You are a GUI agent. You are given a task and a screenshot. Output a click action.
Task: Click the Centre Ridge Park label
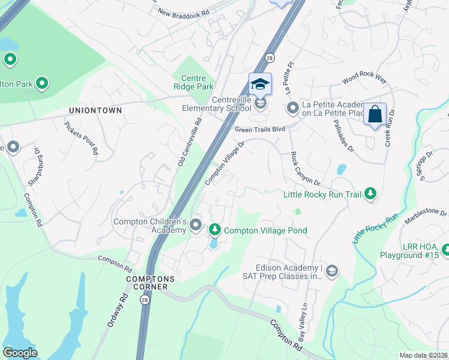(x=193, y=83)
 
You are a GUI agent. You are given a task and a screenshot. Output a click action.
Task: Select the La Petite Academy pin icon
(x=293, y=108)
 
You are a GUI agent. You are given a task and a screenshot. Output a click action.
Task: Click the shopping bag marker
(x=375, y=114)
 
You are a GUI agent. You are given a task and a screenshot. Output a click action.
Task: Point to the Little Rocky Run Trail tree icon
(x=371, y=193)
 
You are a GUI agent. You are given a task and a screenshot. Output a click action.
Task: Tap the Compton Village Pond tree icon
(x=214, y=230)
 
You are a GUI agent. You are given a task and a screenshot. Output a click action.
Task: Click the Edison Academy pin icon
(x=332, y=272)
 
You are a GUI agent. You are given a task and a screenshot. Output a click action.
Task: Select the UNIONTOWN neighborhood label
(x=95, y=110)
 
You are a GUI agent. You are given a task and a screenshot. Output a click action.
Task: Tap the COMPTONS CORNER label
(x=150, y=283)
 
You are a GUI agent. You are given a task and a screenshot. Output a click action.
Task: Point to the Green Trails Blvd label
(x=259, y=128)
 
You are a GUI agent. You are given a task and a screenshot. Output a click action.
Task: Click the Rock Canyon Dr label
(x=306, y=168)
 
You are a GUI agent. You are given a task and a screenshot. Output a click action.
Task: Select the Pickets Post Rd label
(x=81, y=138)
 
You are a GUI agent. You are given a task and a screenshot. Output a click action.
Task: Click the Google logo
(x=20, y=353)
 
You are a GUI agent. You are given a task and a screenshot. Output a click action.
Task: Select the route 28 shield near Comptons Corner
(x=145, y=304)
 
